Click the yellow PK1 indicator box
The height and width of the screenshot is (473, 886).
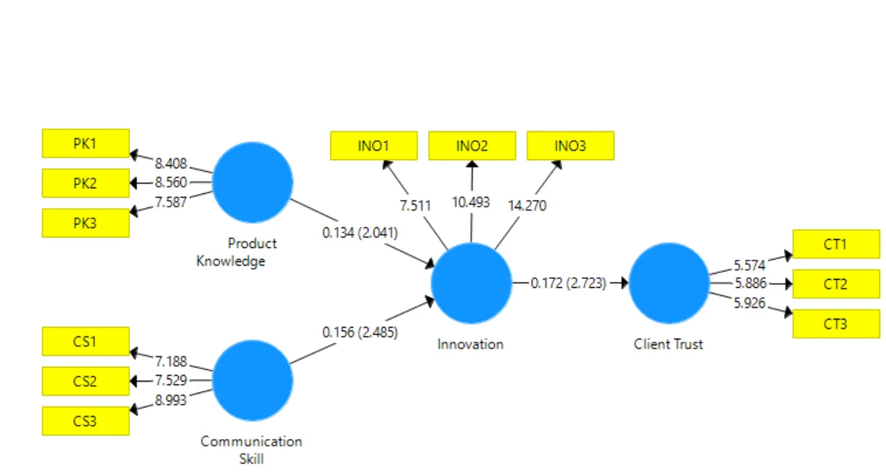tap(86, 143)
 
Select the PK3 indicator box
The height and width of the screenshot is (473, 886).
tap(86, 224)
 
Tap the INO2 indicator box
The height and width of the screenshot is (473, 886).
tap(473, 146)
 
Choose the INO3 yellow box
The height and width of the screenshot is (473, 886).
tap(571, 146)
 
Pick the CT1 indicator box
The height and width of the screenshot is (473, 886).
tap(837, 244)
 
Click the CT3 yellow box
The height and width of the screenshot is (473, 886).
tap(837, 324)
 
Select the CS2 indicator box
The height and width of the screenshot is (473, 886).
tap(86, 381)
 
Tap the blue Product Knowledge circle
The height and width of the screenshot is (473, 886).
tap(253, 182)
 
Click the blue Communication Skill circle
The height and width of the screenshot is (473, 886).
tap(253, 381)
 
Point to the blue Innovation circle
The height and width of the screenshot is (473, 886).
tap(472, 283)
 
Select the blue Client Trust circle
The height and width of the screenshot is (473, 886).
tap(669, 283)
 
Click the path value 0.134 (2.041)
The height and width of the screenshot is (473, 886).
tap(360, 232)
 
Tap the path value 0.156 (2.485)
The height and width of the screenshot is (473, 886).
tap(360, 332)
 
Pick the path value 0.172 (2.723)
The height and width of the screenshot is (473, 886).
tap(569, 283)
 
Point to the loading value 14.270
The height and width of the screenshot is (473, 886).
tap(527, 206)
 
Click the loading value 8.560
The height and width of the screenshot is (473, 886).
tap(171, 182)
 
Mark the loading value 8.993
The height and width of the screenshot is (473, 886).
tap(171, 400)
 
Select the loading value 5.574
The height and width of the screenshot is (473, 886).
tap(750, 266)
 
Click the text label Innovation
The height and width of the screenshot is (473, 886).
tap(471, 344)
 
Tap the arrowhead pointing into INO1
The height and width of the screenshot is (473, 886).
tap(387, 165)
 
